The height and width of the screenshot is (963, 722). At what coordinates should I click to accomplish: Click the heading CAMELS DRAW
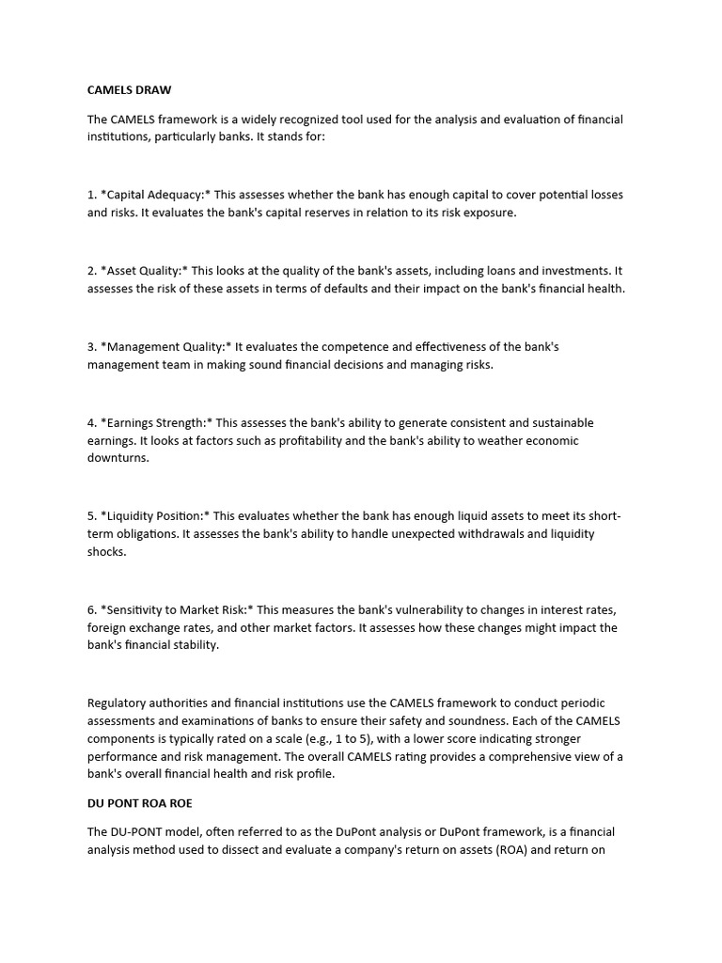tap(130, 90)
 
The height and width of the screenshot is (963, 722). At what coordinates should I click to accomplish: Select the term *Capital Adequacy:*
tap(155, 195)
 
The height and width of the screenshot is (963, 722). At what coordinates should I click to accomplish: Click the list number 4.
tap(91, 423)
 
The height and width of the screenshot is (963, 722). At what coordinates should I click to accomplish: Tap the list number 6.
tap(91, 609)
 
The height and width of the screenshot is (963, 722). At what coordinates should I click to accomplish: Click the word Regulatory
tap(118, 703)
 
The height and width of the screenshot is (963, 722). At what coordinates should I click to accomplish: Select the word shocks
tap(105, 552)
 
